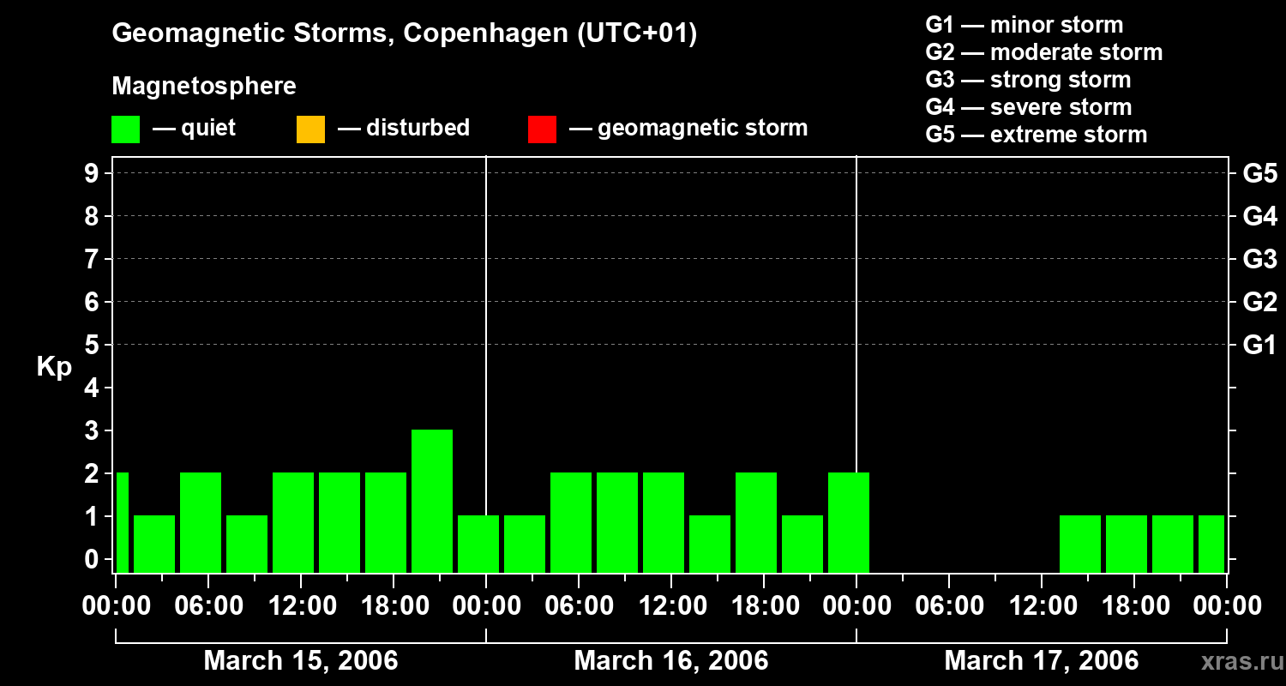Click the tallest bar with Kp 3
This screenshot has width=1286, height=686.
(x=432, y=501)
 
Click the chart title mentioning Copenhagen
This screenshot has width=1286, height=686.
(x=405, y=33)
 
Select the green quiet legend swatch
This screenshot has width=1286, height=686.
(x=125, y=129)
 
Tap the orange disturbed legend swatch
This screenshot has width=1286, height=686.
(x=310, y=129)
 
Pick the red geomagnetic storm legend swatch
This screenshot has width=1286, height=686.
(x=542, y=129)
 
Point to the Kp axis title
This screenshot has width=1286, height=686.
(x=54, y=367)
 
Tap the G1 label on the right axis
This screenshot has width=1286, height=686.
(x=1259, y=346)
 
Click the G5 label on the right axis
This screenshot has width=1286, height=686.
(x=1259, y=174)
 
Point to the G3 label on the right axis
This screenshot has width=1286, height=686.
(x=1259, y=260)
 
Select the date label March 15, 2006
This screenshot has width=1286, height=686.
(x=301, y=661)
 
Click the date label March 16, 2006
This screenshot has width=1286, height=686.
(x=671, y=661)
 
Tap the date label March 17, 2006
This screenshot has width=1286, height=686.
(x=1042, y=661)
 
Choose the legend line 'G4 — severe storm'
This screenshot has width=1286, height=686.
(x=1029, y=107)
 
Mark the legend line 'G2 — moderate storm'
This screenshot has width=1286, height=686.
(x=1043, y=52)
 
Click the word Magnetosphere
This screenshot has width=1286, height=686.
(x=204, y=87)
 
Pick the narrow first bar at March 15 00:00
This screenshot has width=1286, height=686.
(x=122, y=522)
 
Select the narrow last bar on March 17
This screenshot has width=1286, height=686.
(x=1211, y=544)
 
